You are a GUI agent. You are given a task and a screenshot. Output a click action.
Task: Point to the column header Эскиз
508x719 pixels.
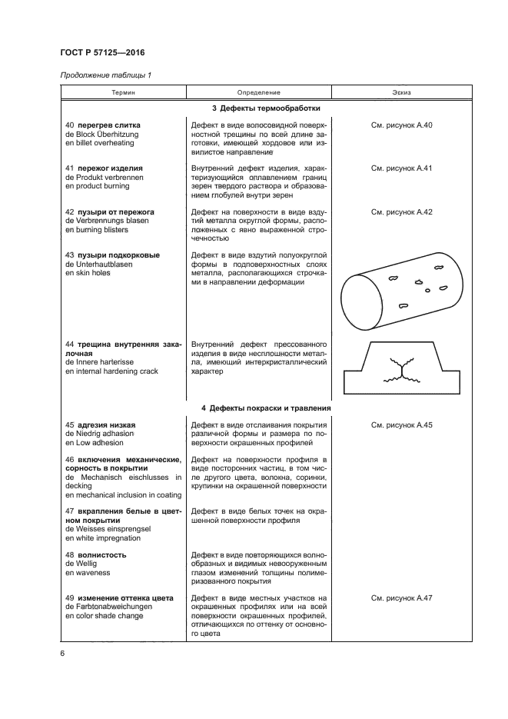click(x=402, y=92)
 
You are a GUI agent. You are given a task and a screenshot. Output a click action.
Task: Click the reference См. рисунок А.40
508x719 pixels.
click(x=402, y=125)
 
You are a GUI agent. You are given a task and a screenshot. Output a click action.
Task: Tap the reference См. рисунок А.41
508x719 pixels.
click(x=402, y=168)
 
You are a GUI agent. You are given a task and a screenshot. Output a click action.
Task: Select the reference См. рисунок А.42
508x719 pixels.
click(x=402, y=211)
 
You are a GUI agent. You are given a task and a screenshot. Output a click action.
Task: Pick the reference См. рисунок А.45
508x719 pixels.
click(x=402, y=424)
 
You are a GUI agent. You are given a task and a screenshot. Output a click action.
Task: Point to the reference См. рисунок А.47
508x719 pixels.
click(x=402, y=598)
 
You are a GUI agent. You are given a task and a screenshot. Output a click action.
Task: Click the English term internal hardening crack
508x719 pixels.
click(x=111, y=371)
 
